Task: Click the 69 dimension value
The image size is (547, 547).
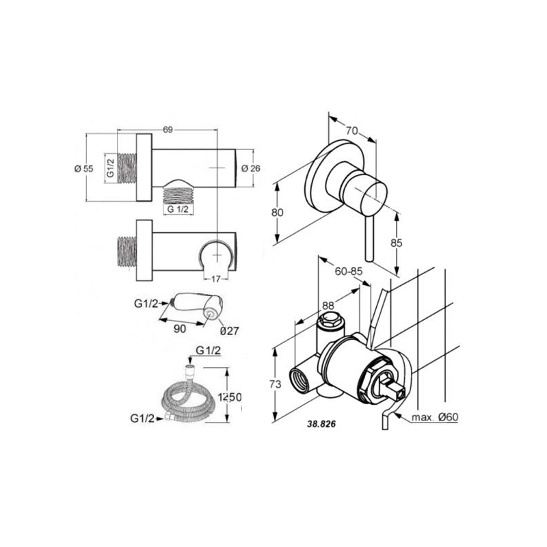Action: [x=168, y=129]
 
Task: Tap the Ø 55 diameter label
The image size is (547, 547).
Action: [x=83, y=168]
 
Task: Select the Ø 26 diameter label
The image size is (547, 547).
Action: [x=251, y=168]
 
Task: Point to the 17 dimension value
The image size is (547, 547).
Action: [x=216, y=279]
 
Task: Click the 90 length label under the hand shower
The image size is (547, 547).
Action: [x=180, y=329]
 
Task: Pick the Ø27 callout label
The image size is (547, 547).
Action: [x=230, y=330]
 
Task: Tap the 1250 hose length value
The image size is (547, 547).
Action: [x=230, y=397]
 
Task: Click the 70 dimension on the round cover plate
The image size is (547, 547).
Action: [x=352, y=131]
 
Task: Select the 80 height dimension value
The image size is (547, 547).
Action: [x=278, y=212]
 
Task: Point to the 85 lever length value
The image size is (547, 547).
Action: [x=397, y=243]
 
